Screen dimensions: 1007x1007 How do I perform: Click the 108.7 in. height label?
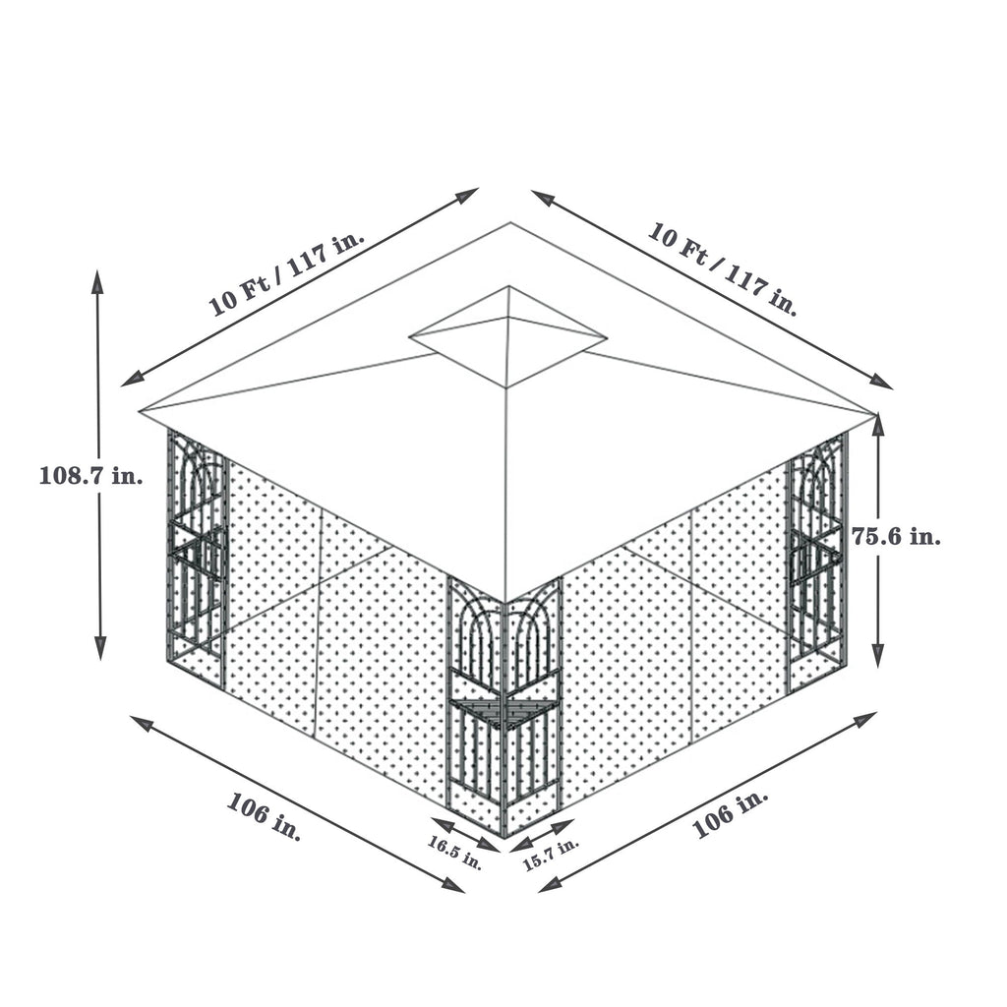tap(91, 476)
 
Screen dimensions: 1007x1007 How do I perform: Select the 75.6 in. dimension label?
tap(895, 537)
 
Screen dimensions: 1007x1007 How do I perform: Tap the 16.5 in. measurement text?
tap(455, 852)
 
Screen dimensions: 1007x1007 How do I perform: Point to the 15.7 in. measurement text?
tap(551, 856)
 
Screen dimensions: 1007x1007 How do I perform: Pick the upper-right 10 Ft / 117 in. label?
tap(723, 267)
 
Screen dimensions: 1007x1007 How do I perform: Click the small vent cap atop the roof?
tap(507, 334)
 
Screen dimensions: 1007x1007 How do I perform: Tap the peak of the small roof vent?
tap(508, 287)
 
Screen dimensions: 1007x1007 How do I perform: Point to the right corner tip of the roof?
tap(875, 413)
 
